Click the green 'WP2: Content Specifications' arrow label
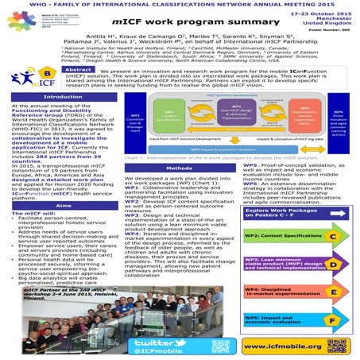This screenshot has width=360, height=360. (287, 215)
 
